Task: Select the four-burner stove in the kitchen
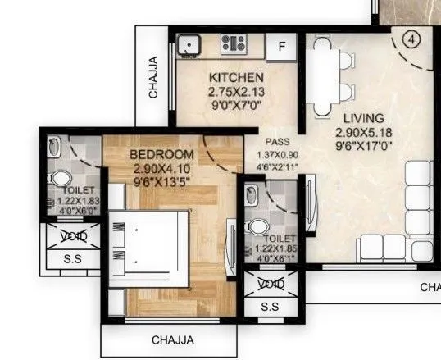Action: pyautogui.click(x=234, y=44)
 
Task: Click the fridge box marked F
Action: pyautogui.click(x=282, y=46)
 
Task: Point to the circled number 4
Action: pyautogui.click(x=412, y=39)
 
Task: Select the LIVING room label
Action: pyautogui.click(x=363, y=118)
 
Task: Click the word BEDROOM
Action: pyautogui.click(x=162, y=155)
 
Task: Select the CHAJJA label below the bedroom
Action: pyautogui.click(x=173, y=339)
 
